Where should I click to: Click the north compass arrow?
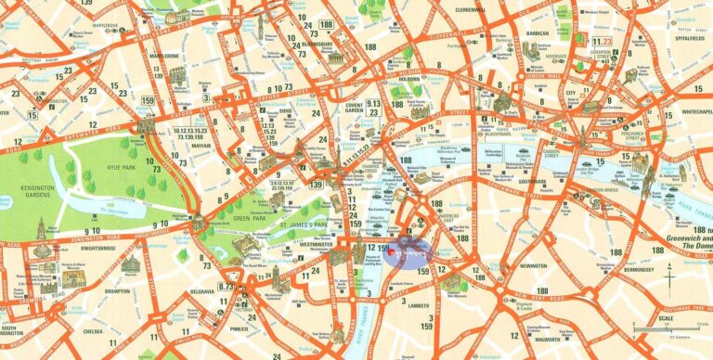pyautogui.click(x=669, y=277)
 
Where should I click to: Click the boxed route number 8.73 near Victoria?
pyautogui.click(x=226, y=286)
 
